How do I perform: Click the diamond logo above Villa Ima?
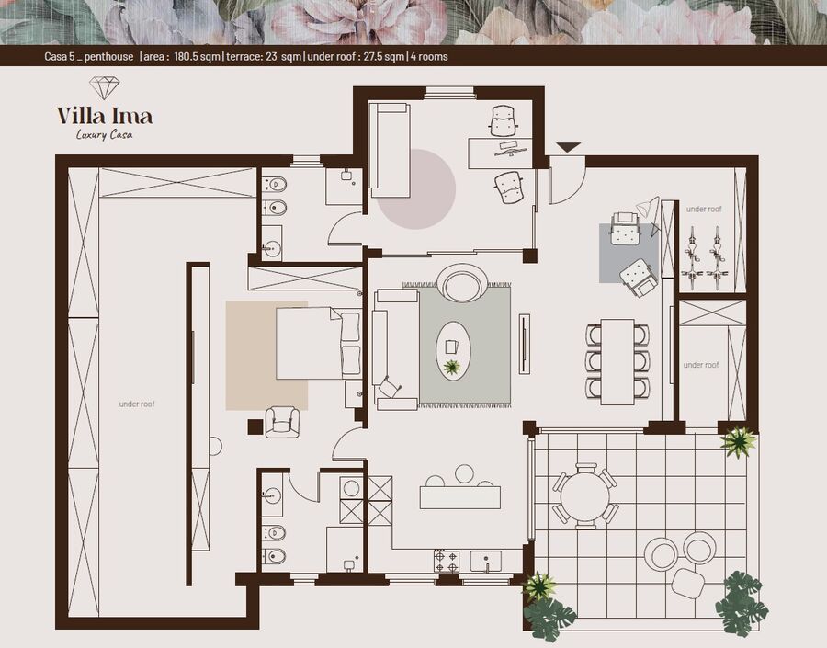coord(104,87)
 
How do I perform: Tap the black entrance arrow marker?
coord(569,147)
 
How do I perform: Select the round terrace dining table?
coord(585,496)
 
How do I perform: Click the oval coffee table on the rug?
coord(453,350)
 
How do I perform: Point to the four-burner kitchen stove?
coord(447,562)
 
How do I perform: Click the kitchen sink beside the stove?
coord(486,562)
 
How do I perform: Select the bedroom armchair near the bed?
coord(282,422)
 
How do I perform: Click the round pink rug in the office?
coord(416,189)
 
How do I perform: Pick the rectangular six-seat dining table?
coord(617,361)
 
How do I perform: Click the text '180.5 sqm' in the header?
coord(198,56)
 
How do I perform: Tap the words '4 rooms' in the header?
coord(429,56)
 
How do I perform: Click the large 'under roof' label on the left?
coord(137,404)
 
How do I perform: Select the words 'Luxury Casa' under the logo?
coord(105,134)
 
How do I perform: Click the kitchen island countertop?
coord(460,497)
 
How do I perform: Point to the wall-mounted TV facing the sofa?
coord(525,344)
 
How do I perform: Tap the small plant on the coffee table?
coord(451,367)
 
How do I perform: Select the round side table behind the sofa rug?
coord(464,283)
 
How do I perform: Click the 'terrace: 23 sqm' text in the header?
coord(264,56)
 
